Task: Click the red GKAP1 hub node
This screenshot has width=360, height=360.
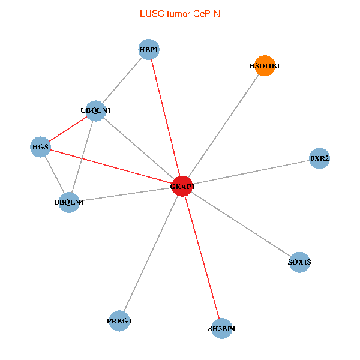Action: pyautogui.click(x=182, y=187)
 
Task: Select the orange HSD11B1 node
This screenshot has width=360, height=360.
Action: pyautogui.click(x=265, y=66)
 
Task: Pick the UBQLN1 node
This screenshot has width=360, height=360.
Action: pyautogui.click(x=95, y=110)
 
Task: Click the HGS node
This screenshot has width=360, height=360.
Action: pyautogui.click(x=40, y=147)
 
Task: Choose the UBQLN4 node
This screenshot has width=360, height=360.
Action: pyautogui.click(x=69, y=202)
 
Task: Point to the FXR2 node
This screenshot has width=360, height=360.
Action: pyautogui.click(x=319, y=158)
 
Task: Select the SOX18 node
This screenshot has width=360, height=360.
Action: pyautogui.click(x=299, y=262)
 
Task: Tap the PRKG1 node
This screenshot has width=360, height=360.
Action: pyautogui.click(x=119, y=321)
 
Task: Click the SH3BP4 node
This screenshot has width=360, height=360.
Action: pyautogui.click(x=221, y=328)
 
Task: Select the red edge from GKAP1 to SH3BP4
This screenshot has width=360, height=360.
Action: pyautogui.click(x=202, y=257)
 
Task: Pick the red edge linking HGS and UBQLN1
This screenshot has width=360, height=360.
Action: pyautogui.click(x=68, y=129)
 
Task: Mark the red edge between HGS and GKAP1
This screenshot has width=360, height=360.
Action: pyautogui.click(x=111, y=167)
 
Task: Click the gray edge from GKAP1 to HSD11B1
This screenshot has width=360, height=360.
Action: pyautogui.click(x=223, y=126)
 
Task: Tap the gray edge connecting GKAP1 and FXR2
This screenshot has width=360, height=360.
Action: pyautogui.click(x=251, y=172)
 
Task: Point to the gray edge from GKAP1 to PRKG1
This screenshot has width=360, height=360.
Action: pyautogui.click(x=151, y=254)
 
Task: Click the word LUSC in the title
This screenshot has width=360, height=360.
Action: pyautogui.click(x=150, y=13)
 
